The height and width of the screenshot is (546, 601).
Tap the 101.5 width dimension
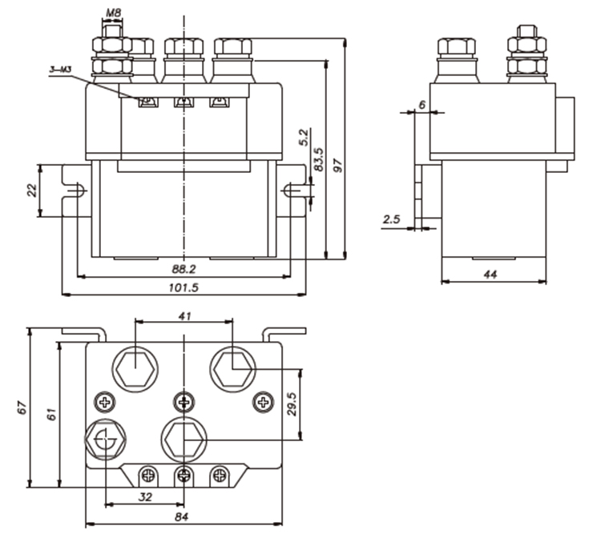coord(184,287)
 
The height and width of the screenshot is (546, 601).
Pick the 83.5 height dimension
coord(318,161)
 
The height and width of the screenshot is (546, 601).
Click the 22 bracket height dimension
coord(31,190)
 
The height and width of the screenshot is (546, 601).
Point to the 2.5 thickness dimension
coord(391,219)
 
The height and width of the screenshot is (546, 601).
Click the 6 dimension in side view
coord(422,103)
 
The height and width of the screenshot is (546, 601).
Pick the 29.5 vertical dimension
coord(293,404)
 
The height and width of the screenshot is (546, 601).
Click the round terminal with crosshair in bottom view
coord(104,440)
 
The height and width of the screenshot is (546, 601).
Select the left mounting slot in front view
coord(79,191)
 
